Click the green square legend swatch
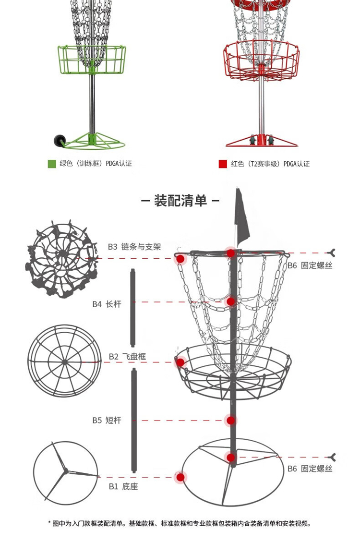(52, 164)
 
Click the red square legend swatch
(222, 164)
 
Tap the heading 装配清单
(180, 200)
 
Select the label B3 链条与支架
(134, 247)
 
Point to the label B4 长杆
(107, 304)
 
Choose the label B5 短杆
(107, 421)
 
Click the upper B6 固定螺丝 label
(310, 265)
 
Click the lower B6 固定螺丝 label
(310, 469)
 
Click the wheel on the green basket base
(60, 140)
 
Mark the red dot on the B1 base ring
(180, 477)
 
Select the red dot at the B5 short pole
(231, 421)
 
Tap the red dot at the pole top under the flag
(231, 253)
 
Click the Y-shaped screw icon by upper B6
(332, 253)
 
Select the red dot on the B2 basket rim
(180, 362)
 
